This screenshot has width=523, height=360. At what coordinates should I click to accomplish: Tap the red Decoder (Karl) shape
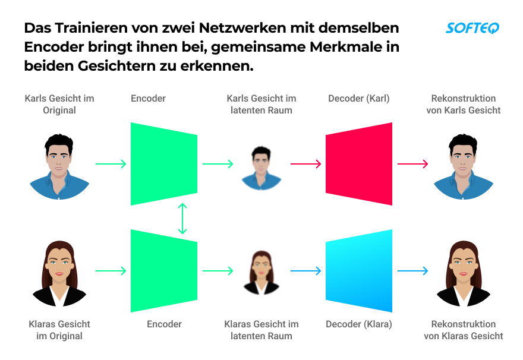tap(359, 164)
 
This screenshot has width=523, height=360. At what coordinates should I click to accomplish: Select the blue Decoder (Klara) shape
tap(359, 271)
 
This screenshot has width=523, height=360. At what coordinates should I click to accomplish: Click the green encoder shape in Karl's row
tap(163, 164)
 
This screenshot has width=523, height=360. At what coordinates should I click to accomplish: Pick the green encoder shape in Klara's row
tap(163, 271)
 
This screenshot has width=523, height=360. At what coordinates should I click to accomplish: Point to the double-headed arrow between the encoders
tap(182, 218)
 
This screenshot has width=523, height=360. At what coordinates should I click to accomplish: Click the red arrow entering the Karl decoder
tap(305, 164)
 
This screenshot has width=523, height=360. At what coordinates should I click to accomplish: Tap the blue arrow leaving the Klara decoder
tap(412, 271)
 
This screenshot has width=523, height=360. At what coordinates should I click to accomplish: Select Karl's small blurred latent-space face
tap(261, 168)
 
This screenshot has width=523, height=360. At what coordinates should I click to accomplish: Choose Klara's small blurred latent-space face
tap(261, 273)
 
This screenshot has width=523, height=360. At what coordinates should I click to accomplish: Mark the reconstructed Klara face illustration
tap(463, 273)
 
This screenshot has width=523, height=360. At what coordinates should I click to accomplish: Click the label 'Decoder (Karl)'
tap(359, 99)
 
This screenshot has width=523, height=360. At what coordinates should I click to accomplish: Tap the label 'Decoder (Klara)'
tap(359, 324)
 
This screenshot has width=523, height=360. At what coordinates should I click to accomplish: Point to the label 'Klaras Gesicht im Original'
tap(59, 330)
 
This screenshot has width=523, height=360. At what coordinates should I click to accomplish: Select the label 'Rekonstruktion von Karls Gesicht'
tap(464, 105)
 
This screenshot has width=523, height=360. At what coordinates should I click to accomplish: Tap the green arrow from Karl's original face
tap(111, 164)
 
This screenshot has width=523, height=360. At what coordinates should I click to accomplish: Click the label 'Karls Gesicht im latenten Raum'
tap(261, 105)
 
